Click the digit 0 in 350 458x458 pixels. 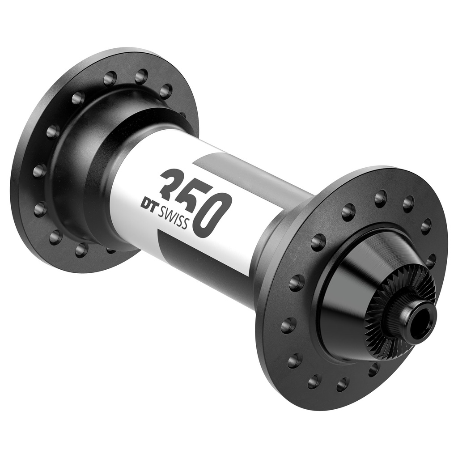point(212,215)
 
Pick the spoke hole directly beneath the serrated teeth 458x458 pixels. point(373,369)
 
